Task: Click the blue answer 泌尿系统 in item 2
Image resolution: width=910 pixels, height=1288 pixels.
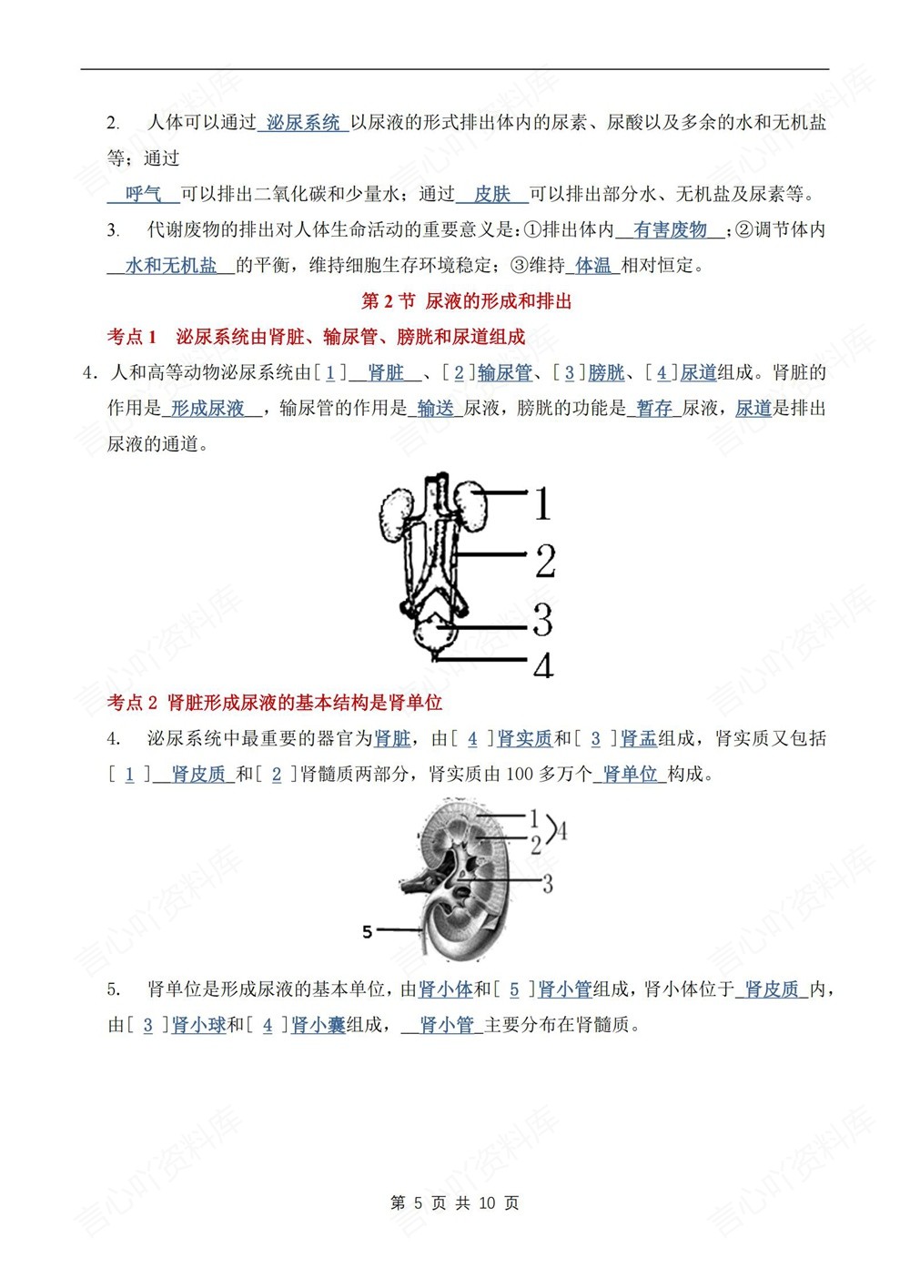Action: (x=303, y=122)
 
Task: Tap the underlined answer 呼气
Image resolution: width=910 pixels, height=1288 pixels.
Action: (x=143, y=194)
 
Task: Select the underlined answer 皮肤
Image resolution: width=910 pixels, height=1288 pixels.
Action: (x=492, y=194)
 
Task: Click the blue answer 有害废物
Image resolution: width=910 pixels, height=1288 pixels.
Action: (x=670, y=229)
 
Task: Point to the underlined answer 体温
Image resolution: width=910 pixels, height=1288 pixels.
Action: (x=593, y=266)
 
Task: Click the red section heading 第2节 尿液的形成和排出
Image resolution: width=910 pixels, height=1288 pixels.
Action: (x=466, y=301)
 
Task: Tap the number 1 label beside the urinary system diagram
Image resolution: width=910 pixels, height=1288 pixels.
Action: (x=542, y=503)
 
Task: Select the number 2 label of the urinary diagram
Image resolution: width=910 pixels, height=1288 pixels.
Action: (x=545, y=561)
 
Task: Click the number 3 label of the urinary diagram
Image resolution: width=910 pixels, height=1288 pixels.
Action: (x=543, y=621)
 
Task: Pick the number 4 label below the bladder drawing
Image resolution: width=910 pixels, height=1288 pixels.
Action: (x=543, y=666)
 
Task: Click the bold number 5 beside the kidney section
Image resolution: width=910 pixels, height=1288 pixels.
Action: (x=368, y=931)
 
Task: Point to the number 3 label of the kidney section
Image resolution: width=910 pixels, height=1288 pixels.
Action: (x=547, y=882)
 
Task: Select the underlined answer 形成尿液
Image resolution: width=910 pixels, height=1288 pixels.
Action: (x=208, y=409)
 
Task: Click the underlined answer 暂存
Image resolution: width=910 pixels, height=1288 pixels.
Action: (x=654, y=409)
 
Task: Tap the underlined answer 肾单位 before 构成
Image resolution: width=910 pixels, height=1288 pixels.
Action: (x=630, y=774)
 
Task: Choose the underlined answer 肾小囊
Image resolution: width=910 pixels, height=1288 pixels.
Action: (x=318, y=1025)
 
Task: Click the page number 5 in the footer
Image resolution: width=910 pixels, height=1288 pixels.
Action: (x=418, y=1203)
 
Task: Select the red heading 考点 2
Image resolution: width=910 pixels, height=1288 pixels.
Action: (x=133, y=702)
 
